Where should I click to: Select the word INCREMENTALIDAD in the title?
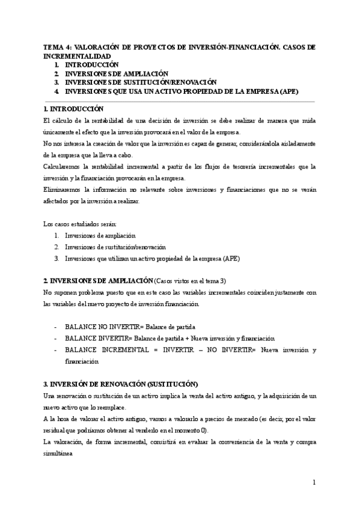coord(78,55)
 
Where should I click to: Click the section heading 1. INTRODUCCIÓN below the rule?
coord(74,109)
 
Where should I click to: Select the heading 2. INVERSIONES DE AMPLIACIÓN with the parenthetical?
coord(99,281)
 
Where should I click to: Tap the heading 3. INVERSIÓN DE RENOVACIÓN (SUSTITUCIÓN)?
coord(121,384)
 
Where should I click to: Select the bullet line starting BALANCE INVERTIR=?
coord(169,338)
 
